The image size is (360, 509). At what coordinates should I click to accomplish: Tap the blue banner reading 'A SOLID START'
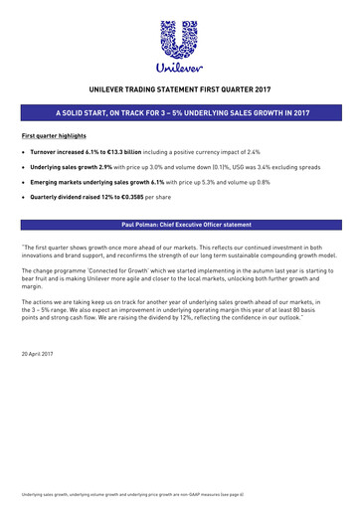180,114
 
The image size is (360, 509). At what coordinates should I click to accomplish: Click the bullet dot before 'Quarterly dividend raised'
23,200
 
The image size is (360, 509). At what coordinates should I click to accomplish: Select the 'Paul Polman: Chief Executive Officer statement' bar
180,225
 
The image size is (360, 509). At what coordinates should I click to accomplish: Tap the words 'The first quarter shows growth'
64,245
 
